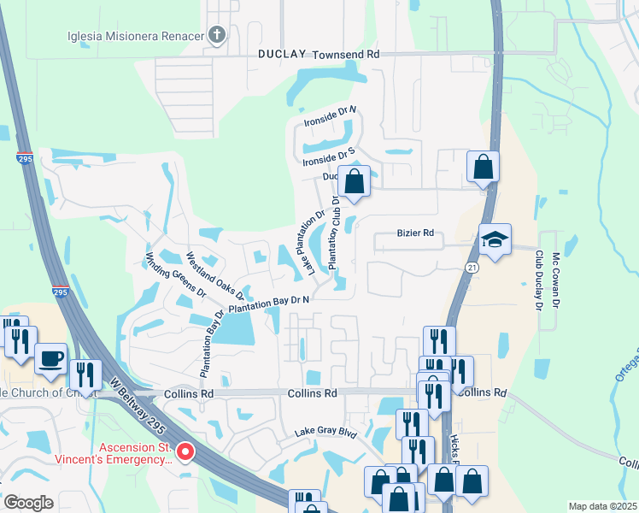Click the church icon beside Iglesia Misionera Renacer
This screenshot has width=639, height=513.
coord(217,35)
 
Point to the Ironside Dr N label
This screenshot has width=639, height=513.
coord(330,117)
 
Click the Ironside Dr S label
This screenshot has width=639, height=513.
coord(328,157)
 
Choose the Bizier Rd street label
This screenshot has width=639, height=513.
coord(415,233)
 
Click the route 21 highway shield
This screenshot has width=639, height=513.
coord(471,268)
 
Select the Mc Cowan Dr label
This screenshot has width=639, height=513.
coord(556,280)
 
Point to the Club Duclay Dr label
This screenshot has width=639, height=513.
coord(539,280)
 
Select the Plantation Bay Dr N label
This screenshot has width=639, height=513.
coord(268,302)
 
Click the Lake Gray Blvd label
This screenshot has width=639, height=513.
coord(325,433)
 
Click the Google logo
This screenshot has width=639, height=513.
coord(27,502)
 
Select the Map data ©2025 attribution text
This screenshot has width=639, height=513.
coord(602,506)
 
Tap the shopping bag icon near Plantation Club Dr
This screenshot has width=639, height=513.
coord(355,181)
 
